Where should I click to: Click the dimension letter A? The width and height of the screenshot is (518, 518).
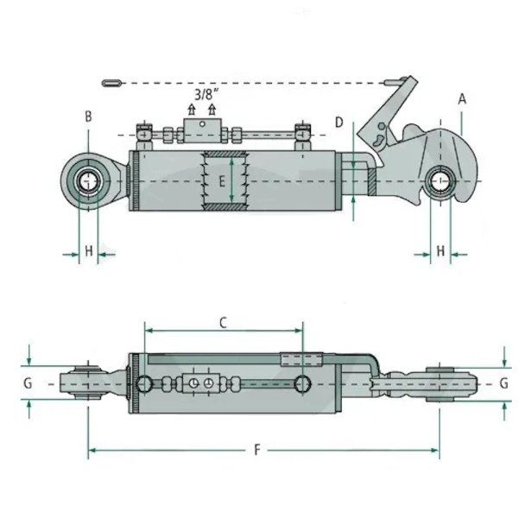pyautogui.click(x=462, y=99)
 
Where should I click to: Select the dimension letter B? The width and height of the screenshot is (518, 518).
pyautogui.click(x=87, y=116)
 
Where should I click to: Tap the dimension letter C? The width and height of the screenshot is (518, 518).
pyautogui.click(x=222, y=322)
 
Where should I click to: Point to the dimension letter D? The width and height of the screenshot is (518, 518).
pyautogui.click(x=339, y=123)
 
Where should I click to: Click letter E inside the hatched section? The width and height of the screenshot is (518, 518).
pyautogui.click(x=223, y=182)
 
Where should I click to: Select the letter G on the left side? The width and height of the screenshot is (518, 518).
pyautogui.click(x=28, y=382)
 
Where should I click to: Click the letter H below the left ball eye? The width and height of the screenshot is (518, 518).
pyautogui.click(x=88, y=251)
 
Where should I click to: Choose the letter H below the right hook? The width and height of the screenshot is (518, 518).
pyautogui.click(x=440, y=251)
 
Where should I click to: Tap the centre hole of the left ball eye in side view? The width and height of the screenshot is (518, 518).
pyautogui.click(x=88, y=182)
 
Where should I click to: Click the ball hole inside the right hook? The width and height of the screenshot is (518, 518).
pyautogui.click(x=440, y=182)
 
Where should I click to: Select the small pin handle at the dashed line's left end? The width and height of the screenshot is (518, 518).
pyautogui.click(x=111, y=83)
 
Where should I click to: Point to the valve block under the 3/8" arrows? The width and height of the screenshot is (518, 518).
pyautogui.click(x=202, y=130)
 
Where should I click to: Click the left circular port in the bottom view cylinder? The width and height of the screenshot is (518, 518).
pyautogui.click(x=148, y=382)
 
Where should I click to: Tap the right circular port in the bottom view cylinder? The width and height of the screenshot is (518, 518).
pyautogui.click(x=302, y=382)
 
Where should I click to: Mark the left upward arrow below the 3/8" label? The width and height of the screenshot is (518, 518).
pyautogui.click(x=192, y=111)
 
